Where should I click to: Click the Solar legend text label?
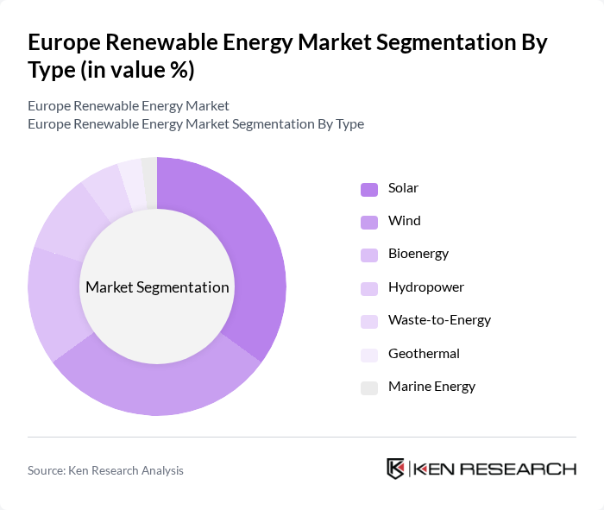pos(403,188)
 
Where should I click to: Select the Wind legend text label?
pos(404,221)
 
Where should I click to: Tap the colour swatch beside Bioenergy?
pos(369,255)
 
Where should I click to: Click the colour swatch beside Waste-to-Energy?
pos(369,320)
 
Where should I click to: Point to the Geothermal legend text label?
pos(424,353)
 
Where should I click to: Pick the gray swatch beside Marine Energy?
pos(369,387)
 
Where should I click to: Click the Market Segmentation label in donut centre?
pos(157,287)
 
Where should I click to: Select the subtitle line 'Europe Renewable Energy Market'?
pos(129,106)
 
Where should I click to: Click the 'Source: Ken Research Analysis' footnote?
pos(105,470)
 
